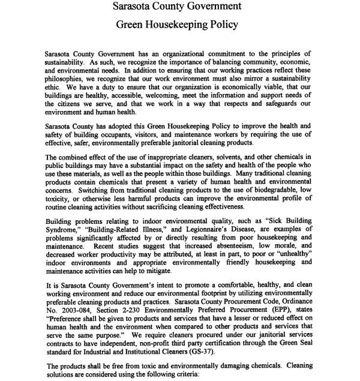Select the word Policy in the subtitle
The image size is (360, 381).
coord(222,25)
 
